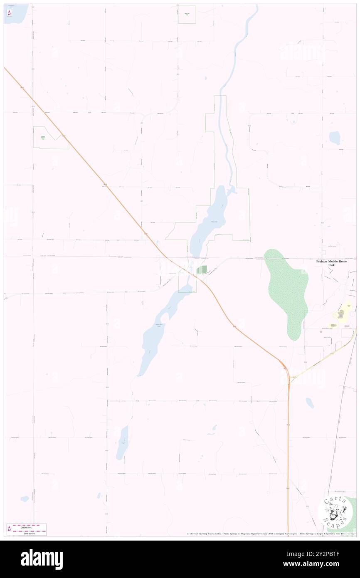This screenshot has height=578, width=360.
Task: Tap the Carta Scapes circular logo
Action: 335,512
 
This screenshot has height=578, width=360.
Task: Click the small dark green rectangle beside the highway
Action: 202,270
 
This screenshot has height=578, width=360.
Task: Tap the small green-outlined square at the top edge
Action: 187,15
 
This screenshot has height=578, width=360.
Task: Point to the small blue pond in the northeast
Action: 334,138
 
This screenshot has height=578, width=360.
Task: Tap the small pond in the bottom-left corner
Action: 25,498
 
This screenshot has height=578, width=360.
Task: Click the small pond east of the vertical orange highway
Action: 310,403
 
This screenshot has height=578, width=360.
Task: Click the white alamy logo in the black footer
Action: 42,559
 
